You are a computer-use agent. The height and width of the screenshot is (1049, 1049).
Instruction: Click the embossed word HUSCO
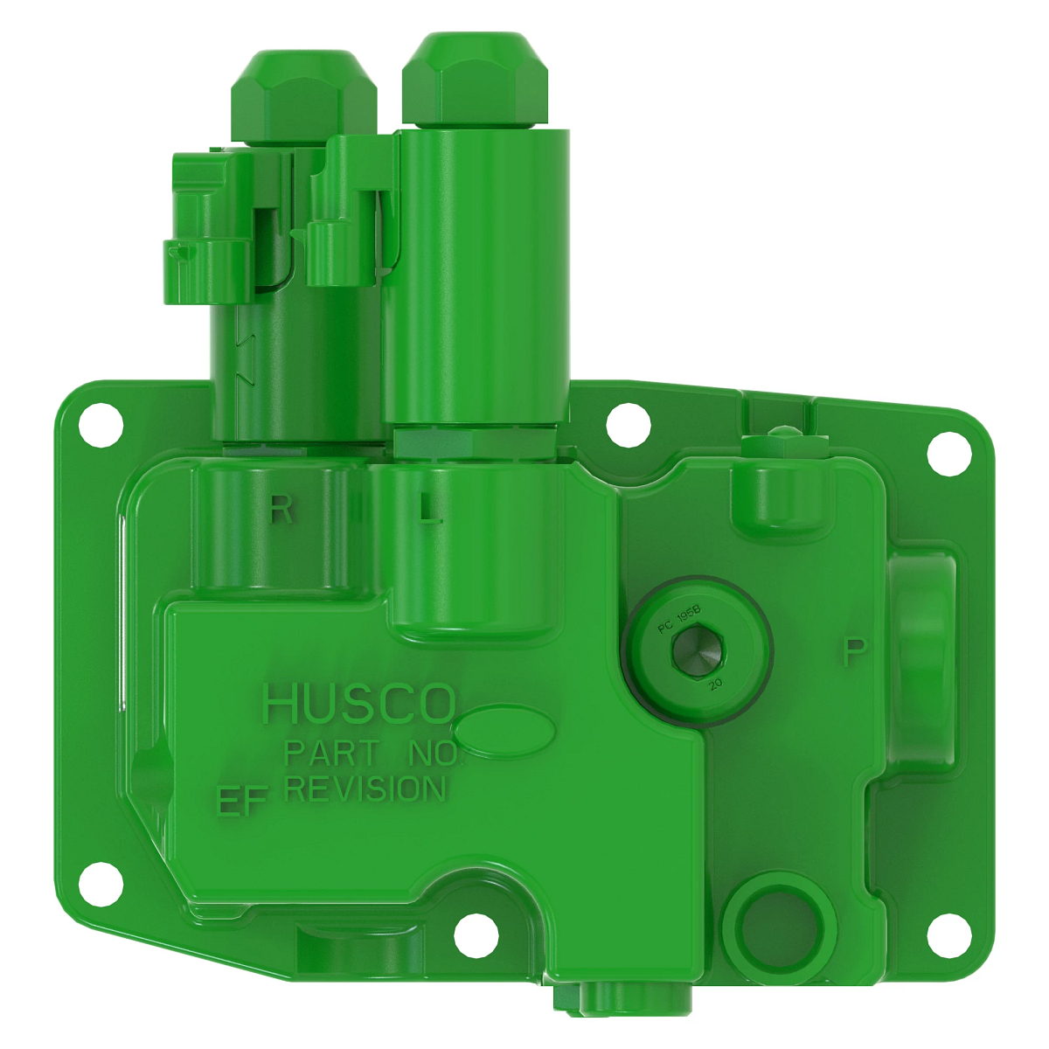click(x=358, y=704)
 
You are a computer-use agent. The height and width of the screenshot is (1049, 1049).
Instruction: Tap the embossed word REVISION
click(x=365, y=788)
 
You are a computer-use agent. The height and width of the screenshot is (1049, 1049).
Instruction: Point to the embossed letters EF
click(x=240, y=802)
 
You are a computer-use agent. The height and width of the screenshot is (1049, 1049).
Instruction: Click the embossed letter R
click(x=281, y=508)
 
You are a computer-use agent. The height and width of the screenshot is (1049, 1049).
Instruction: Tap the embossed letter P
click(x=856, y=652)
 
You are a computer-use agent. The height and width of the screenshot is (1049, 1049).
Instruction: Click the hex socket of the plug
click(x=696, y=652)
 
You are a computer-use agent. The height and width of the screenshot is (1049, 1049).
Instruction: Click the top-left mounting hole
click(x=99, y=423)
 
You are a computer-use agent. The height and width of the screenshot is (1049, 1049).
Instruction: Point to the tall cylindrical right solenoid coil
click(x=476, y=280)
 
